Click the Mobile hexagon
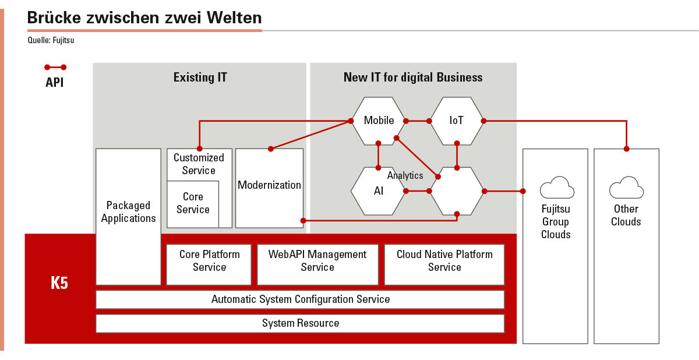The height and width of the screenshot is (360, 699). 379,121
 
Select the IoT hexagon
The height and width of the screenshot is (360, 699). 457,121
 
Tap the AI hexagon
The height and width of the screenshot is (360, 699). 379,191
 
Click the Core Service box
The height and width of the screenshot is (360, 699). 193,204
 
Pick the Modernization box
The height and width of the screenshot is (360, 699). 269,188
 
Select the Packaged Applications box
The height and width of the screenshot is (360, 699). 128,217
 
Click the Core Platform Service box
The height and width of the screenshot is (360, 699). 209,264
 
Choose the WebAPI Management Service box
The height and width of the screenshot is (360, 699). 317,264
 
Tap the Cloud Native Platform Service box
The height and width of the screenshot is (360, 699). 444,264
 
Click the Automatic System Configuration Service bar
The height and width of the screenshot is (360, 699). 300,299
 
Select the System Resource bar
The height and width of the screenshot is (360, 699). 300,323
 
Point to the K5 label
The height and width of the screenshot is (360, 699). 59,283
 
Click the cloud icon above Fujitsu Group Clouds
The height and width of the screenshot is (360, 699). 557,188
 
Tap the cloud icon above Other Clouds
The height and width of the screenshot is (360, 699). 626,188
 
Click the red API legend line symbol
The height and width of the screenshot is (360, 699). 55,68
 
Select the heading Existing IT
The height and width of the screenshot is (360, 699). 200,77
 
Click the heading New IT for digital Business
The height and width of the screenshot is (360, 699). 413,77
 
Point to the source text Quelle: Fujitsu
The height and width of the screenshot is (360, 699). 51,40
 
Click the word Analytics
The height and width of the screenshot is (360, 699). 405,175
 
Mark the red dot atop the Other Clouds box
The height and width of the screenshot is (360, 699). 626,149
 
